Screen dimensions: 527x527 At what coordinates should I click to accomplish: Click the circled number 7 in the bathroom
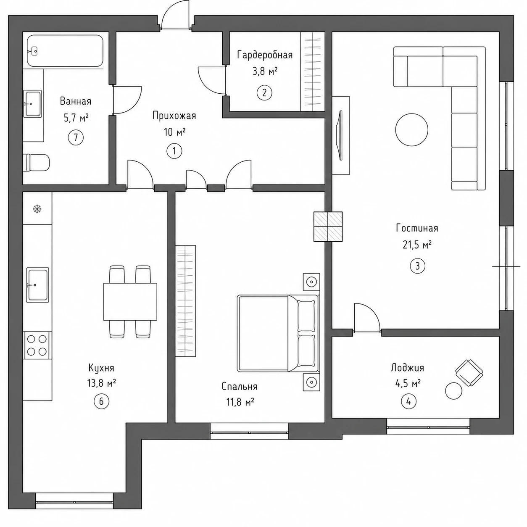pos(76,137)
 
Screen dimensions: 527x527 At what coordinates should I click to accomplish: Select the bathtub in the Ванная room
pos(65,50)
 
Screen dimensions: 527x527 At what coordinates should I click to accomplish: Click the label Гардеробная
pos(265,55)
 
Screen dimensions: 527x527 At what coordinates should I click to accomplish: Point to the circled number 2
pos(264,93)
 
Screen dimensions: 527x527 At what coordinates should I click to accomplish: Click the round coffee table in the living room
pos(411,129)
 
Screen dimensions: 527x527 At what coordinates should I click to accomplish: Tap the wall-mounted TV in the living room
pos(340,135)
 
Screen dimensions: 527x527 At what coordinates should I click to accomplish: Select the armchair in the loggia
pos(469,372)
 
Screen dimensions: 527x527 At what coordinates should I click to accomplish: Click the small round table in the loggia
pos(454,391)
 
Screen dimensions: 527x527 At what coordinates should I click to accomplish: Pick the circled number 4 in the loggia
pos(408,401)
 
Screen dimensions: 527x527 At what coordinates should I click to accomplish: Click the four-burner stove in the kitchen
pos(37,345)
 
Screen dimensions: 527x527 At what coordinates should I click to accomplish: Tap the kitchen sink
pos(37,285)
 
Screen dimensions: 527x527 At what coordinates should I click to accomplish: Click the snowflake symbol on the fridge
pos(37,209)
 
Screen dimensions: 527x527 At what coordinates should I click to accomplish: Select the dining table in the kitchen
pos(130,301)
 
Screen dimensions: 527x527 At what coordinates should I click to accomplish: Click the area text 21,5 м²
pos(417,245)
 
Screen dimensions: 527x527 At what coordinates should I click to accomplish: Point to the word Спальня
pos(240,387)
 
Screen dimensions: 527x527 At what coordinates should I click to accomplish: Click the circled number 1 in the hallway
pos(174,151)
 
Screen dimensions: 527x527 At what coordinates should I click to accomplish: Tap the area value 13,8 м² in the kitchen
pos(101,383)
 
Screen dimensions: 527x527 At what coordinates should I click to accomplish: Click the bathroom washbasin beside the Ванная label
pos(32,104)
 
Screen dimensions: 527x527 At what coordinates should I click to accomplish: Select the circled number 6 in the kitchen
pos(101,401)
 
